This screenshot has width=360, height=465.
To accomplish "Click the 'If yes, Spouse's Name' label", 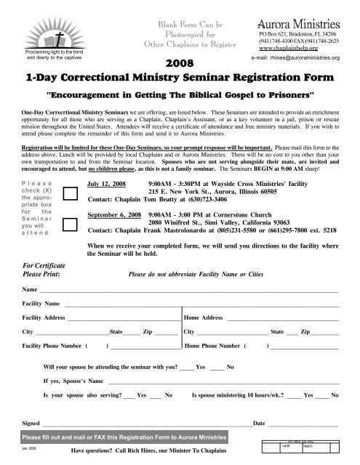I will tap(74, 380).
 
